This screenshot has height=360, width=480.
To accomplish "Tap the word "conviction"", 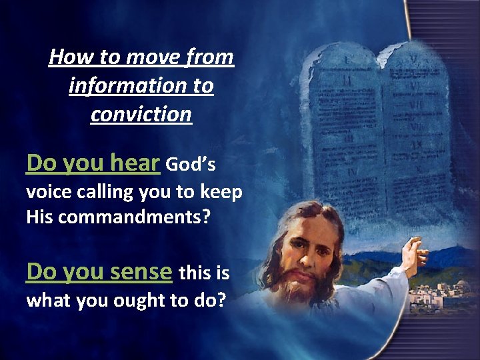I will pyautogui.click(x=141, y=115).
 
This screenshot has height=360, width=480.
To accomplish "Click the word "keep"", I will pyautogui.click(x=220, y=193).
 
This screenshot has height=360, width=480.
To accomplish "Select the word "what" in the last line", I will pyautogui.click(x=48, y=301).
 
